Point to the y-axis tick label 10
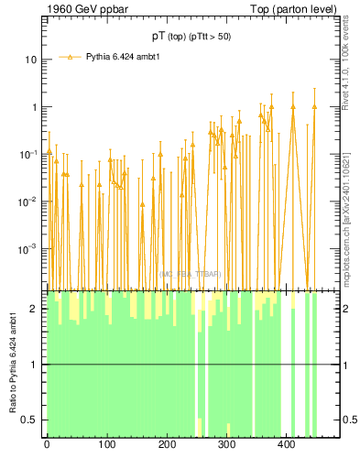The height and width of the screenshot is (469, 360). [x=31, y=60]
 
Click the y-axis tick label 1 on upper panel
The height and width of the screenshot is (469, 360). [x=34, y=107]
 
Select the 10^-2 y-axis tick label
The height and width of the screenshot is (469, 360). [x=29, y=202]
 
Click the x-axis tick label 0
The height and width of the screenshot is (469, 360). [x=47, y=446]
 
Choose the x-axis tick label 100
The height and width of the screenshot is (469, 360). [x=107, y=446]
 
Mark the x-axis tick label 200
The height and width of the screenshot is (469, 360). [x=167, y=446]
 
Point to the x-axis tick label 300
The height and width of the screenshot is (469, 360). [x=226, y=446]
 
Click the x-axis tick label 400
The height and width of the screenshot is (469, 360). [x=287, y=446]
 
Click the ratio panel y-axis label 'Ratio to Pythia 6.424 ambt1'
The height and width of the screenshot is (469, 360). [x=13, y=365]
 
